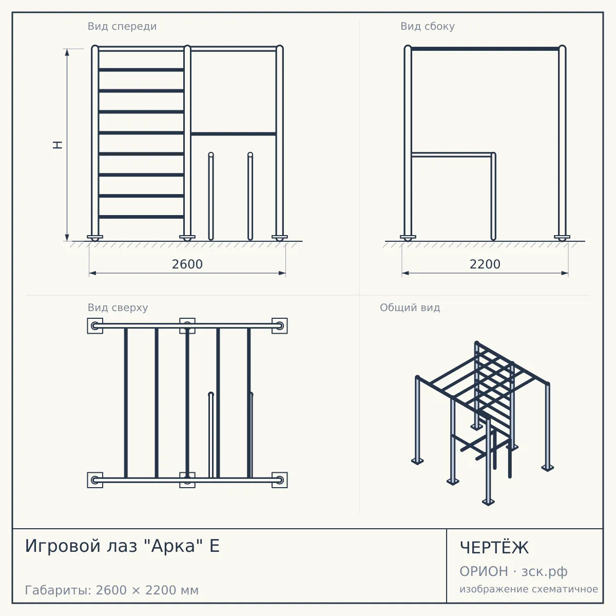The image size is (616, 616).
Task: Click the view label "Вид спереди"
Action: point(122,26)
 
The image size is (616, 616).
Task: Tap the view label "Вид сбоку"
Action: point(428,26)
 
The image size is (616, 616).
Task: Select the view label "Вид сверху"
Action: point(118,307)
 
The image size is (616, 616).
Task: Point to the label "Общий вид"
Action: point(410,307)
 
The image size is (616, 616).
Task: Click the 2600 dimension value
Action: point(187,264)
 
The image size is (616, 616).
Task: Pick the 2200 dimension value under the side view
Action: point(485,264)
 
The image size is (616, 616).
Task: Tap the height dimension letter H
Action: point(57,145)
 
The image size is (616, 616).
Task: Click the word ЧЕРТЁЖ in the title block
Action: point(494,547)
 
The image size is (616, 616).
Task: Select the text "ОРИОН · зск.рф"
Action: point(513,571)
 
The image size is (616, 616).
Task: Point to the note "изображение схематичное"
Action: point(529,589)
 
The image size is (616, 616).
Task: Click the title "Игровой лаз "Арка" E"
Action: point(123,546)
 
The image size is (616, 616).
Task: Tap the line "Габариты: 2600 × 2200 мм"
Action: point(112,590)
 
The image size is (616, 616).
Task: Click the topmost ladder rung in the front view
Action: point(141,70)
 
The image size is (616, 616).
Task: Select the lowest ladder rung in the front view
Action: point(141,217)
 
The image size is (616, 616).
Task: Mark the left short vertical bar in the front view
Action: point(210,196)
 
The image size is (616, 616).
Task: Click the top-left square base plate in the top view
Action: point(95,326)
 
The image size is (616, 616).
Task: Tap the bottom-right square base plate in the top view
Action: point(280,480)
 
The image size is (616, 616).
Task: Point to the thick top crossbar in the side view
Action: point(485,49)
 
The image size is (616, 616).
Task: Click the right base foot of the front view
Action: point(280,238)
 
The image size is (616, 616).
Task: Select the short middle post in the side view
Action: point(493,196)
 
